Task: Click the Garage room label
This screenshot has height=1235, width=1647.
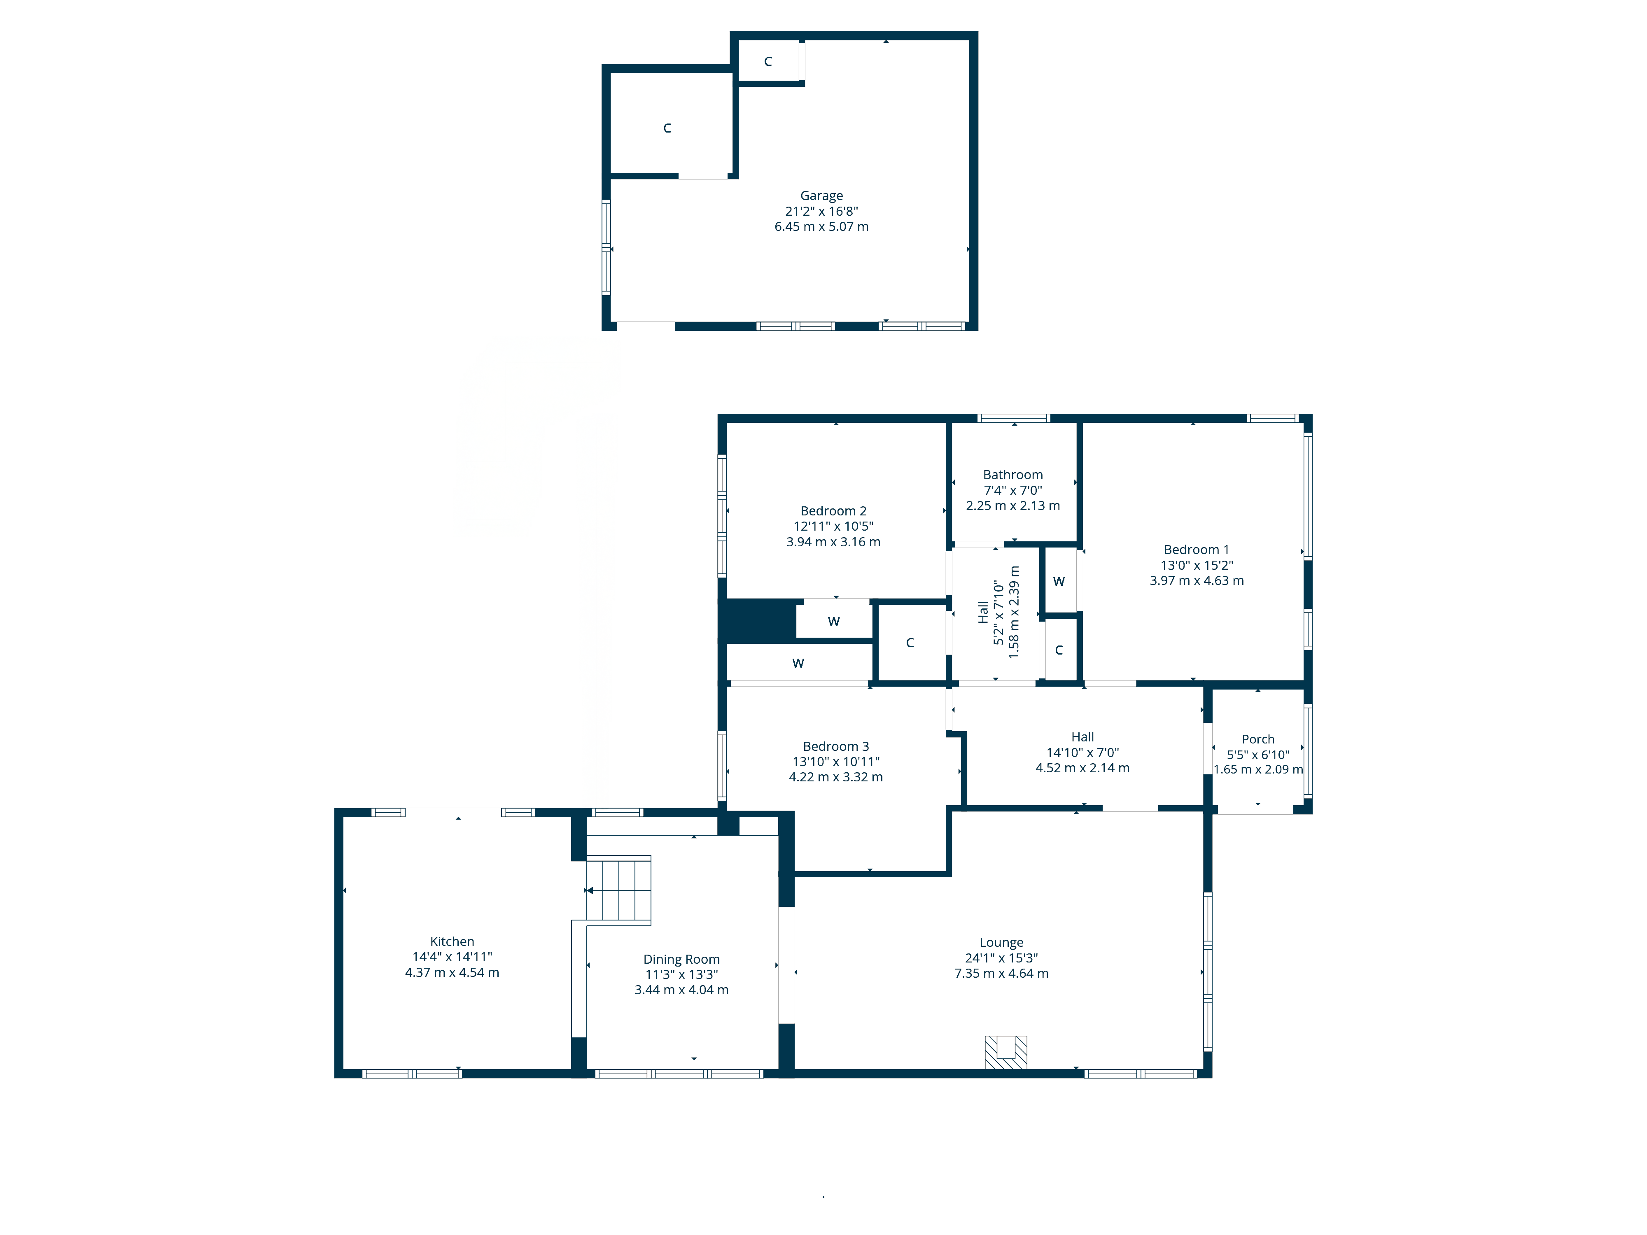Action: pos(821,196)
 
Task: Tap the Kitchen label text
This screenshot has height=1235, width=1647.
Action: pos(452,942)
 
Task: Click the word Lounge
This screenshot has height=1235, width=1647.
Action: pos(1001,942)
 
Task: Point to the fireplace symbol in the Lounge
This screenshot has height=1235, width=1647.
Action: pos(1006,1052)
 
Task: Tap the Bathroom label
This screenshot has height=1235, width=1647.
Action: pos(1012,475)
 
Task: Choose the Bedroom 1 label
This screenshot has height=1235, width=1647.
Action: pos(1197,550)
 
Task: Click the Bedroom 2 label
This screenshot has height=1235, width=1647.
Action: pos(833,511)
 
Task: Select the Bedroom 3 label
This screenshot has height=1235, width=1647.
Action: pos(835,746)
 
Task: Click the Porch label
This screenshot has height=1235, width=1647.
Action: pos(1257,739)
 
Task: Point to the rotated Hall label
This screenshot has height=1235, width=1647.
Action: pos(983,612)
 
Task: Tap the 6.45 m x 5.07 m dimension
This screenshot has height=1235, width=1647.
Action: pos(821,226)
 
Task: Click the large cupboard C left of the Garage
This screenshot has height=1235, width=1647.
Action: pos(667,128)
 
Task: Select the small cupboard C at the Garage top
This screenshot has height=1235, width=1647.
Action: pos(768,61)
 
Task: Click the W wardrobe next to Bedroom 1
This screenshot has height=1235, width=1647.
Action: pos(1059,581)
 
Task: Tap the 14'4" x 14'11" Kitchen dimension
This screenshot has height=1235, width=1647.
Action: pos(452,957)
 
